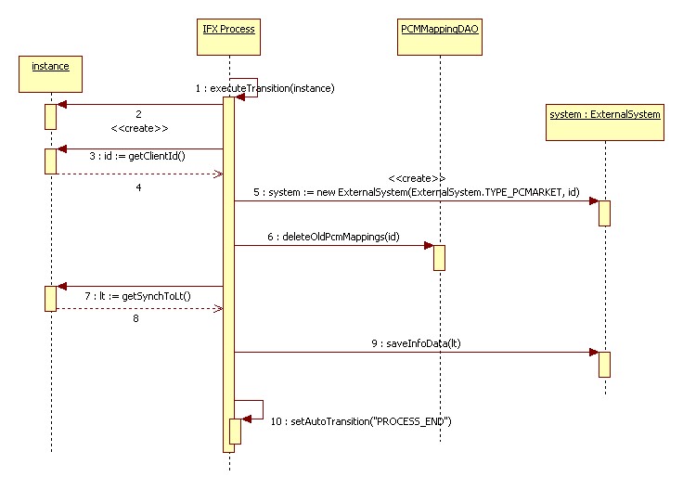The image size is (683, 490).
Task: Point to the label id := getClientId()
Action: point(138,156)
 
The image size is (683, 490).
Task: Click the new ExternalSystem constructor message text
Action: point(417,193)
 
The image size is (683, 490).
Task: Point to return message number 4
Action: point(138,187)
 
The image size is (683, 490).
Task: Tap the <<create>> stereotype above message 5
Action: point(417,176)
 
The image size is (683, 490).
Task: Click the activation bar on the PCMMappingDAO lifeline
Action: point(439,257)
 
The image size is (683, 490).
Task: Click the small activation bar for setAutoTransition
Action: point(236,431)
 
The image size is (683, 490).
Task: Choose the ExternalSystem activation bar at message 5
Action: point(604,213)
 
